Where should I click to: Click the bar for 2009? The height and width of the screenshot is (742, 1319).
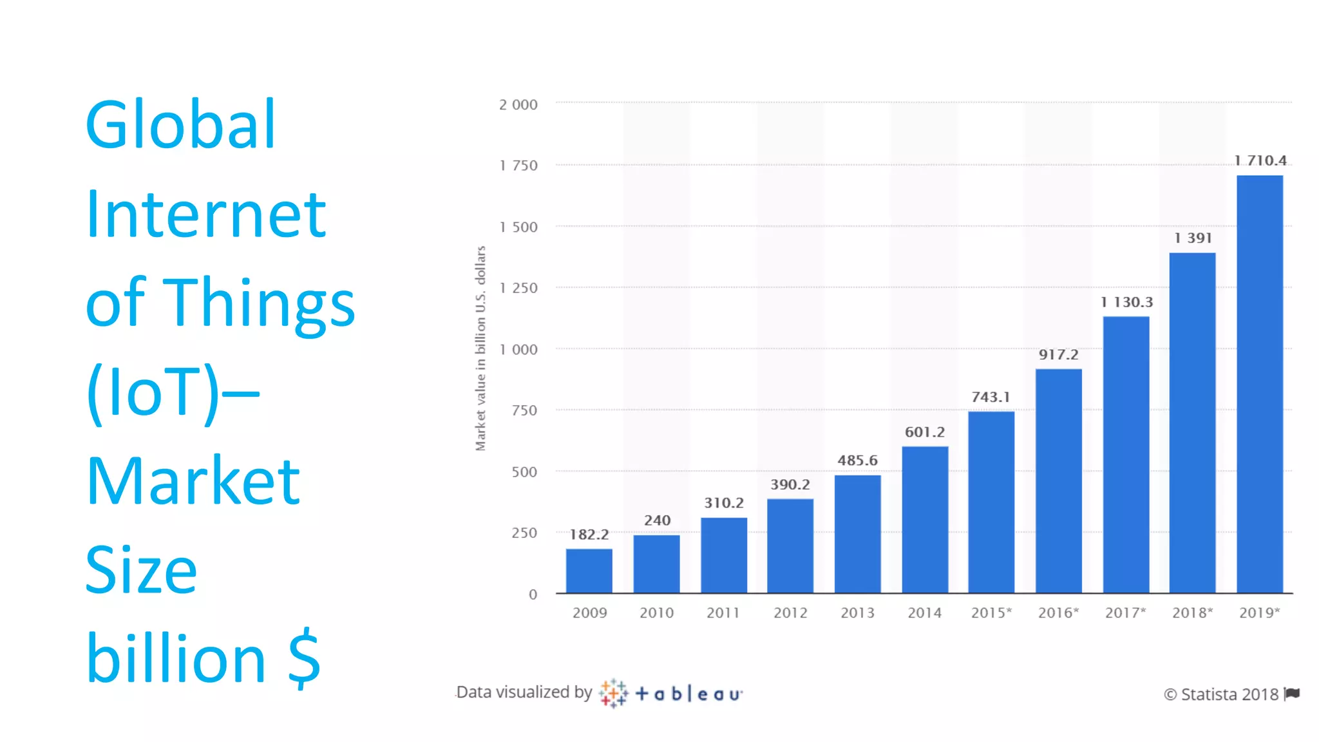click(589, 571)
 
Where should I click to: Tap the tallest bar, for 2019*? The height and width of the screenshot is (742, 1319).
click(1259, 384)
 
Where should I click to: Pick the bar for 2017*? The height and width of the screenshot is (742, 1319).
click(1126, 455)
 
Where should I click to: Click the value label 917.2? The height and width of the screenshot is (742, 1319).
click(1058, 355)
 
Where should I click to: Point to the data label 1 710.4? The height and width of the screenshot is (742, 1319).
click(1260, 160)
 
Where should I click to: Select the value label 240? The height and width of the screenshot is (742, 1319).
click(657, 520)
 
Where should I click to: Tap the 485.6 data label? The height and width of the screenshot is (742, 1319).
click(857, 461)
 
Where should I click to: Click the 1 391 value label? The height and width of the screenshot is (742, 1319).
click(1193, 238)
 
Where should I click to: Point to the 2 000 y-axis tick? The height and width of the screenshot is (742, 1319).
click(518, 105)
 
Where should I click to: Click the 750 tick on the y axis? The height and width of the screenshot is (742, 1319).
click(524, 410)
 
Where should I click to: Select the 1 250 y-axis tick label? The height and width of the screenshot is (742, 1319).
click(518, 288)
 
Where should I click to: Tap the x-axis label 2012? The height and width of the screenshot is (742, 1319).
click(790, 613)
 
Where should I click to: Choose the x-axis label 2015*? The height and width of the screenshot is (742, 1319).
click(991, 613)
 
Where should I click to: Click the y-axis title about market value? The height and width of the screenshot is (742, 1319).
click(480, 348)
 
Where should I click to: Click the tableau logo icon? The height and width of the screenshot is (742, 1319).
click(612, 693)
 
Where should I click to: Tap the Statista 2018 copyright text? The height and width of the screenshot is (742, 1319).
click(1221, 694)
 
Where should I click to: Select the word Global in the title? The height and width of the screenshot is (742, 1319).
click(180, 125)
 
